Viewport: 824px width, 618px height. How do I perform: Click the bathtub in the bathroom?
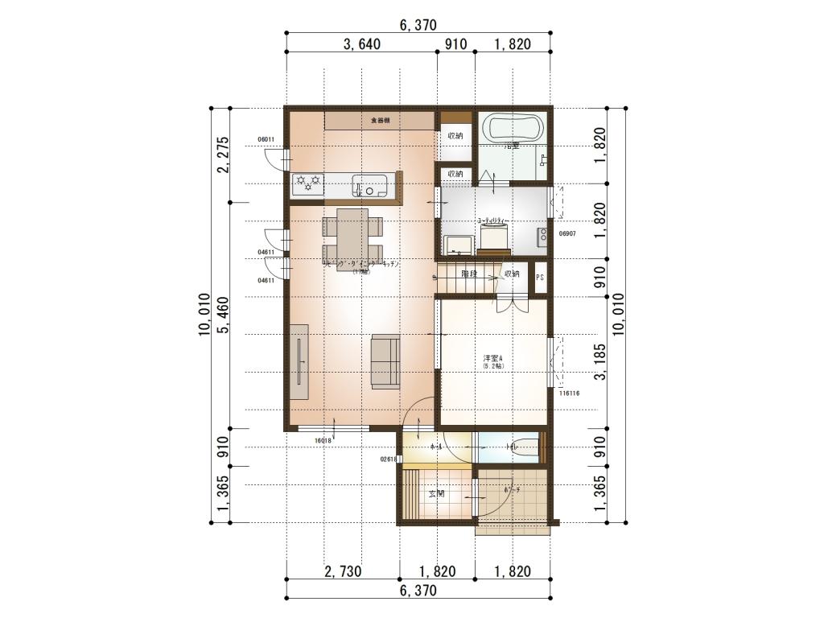(x=512, y=128)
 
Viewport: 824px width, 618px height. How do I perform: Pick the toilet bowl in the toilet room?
(x=525, y=447)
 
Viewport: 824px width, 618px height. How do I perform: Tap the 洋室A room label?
(x=492, y=358)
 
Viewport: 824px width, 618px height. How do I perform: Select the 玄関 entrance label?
(x=437, y=493)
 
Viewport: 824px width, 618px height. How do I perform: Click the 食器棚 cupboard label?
(x=380, y=121)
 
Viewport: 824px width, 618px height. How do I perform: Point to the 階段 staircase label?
(x=470, y=274)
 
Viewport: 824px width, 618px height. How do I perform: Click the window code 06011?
(x=266, y=139)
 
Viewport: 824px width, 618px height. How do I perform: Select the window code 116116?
(x=569, y=393)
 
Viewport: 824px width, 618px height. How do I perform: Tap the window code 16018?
(x=323, y=441)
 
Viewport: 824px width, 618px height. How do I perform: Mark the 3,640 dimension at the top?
(x=361, y=45)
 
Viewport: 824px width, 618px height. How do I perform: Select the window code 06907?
(x=567, y=233)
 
